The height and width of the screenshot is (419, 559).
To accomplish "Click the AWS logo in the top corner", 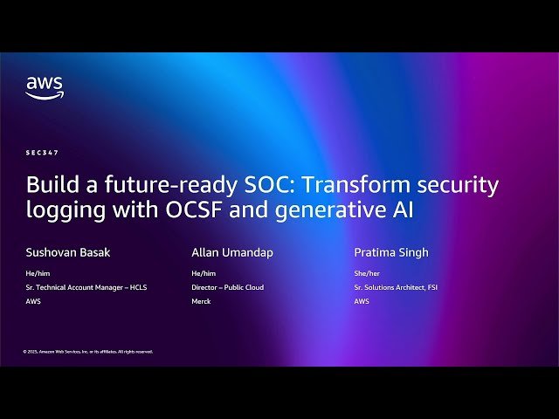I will coord(44,87).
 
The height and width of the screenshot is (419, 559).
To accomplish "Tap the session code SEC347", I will coord(42,153).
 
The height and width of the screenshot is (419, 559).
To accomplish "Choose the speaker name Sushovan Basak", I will coord(68,253).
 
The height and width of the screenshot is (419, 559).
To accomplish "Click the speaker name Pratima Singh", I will coord(391,253).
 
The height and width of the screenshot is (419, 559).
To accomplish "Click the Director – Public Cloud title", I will coord(227,287).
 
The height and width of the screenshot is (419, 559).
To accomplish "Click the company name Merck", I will coord(201,301).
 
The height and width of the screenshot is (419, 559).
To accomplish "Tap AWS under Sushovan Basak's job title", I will coord(33,301).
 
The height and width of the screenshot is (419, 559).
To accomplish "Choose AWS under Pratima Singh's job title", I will coord(362,301).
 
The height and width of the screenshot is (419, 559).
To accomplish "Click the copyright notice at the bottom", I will coord(87,352).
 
